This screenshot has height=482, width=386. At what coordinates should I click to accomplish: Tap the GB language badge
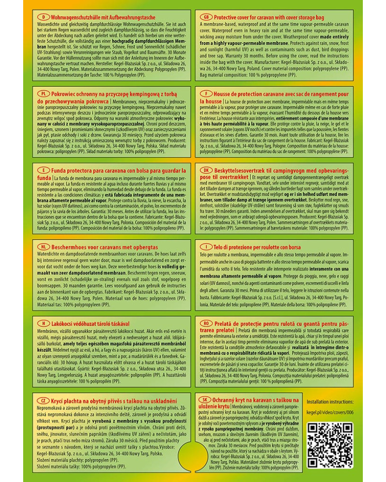[206, 16]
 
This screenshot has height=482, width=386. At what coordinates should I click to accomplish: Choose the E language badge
[44, 171]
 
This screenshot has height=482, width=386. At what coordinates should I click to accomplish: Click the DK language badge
[206, 171]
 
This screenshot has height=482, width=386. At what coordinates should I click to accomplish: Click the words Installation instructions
[330, 402]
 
